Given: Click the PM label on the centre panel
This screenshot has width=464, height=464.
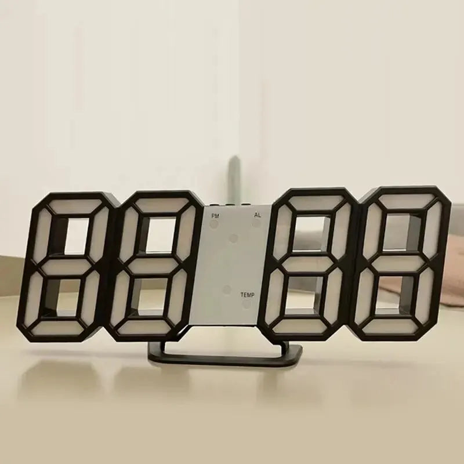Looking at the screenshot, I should click(216, 215).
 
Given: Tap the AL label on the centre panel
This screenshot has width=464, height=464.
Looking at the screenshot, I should click(257, 215).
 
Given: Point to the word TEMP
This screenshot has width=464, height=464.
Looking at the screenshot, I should click(247, 295).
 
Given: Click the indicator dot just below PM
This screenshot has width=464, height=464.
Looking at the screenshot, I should click(216, 224).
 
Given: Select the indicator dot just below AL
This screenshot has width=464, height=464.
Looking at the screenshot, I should click(256, 223).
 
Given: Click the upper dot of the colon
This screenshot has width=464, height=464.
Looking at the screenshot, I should click(234, 238).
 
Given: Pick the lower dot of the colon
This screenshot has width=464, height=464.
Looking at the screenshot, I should click(227, 288).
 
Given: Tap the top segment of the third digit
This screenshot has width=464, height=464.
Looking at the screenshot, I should click(315, 203).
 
